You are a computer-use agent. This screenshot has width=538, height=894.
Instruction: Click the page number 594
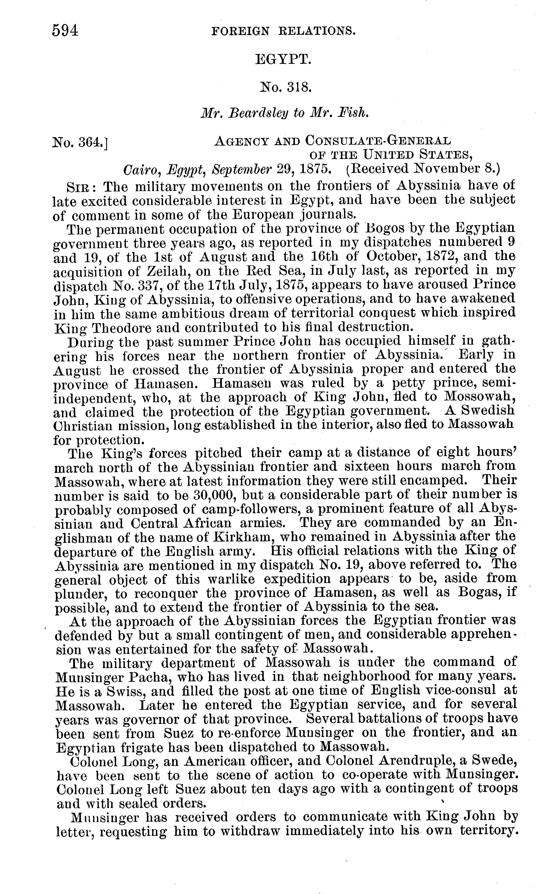[65, 31]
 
